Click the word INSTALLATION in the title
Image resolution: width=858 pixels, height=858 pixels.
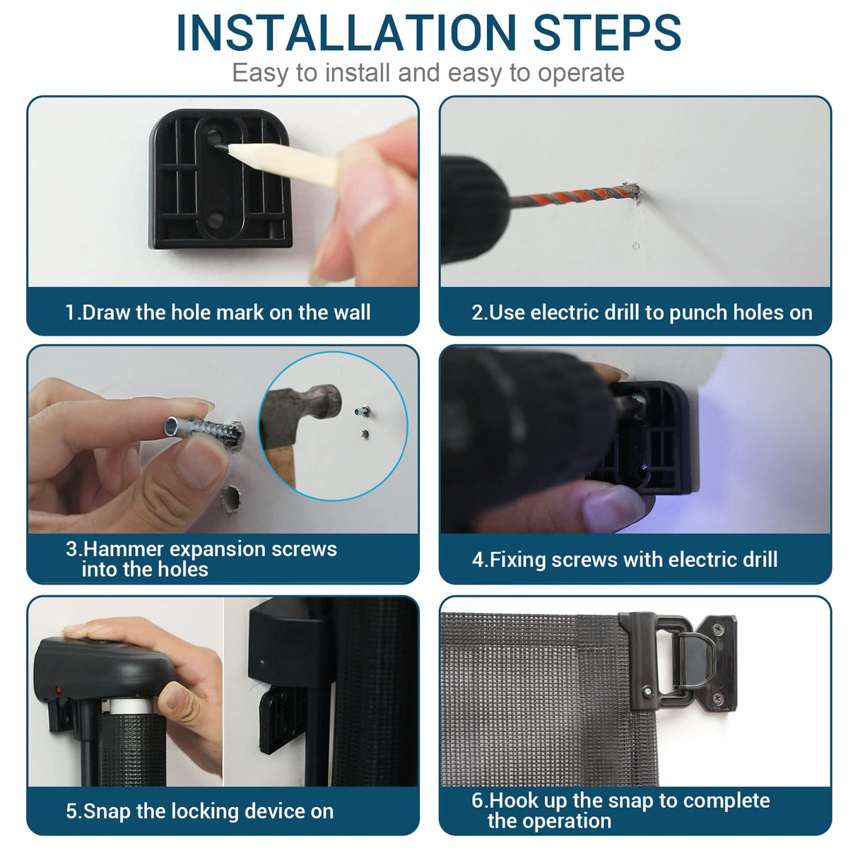346,33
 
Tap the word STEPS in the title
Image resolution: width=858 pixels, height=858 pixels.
607,33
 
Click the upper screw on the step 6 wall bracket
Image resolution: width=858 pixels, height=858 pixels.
719,628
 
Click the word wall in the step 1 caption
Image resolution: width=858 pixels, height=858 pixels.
352,312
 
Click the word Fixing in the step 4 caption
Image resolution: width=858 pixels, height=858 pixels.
517,560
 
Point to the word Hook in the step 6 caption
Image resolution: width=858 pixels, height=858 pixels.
513,800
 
